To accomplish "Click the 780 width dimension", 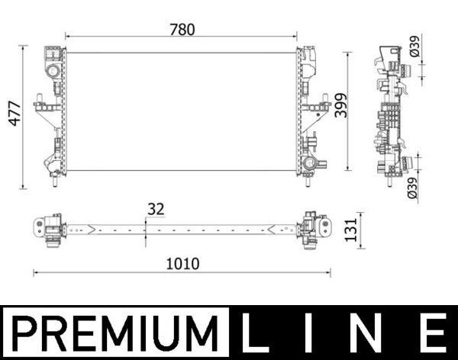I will pyautogui.click(x=182, y=30).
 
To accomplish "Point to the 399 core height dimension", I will pyautogui.click(x=340, y=108).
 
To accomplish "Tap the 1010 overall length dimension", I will pyautogui.click(x=182, y=264).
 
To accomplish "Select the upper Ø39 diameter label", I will pyautogui.click(x=414, y=50).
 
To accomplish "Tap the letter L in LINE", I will pyautogui.click(x=260, y=333).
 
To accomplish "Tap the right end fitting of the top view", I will pyautogui.click(x=314, y=228).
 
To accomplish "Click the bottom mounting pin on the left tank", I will pyautogui.click(x=54, y=183).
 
